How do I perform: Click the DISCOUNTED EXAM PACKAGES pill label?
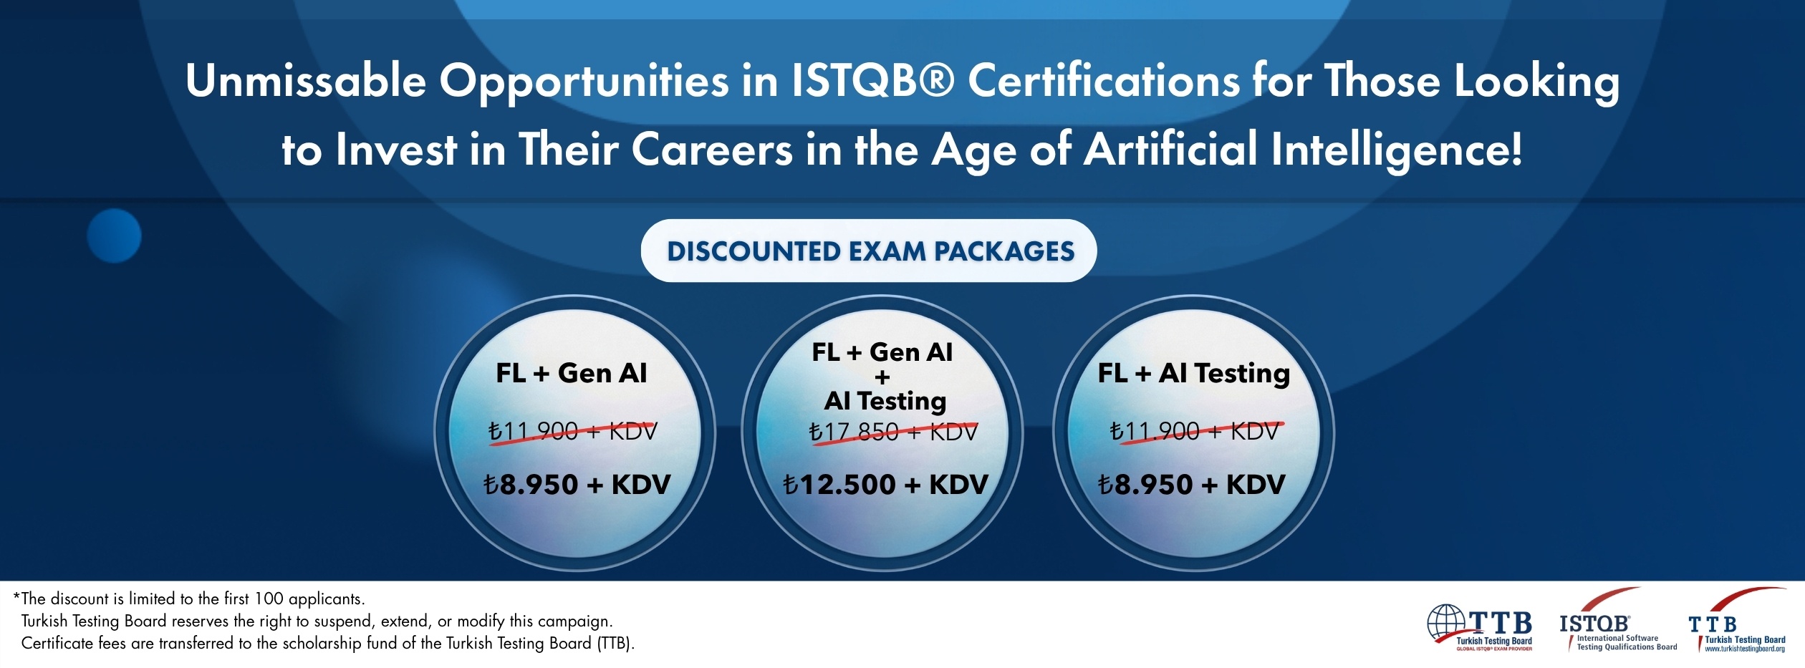pyautogui.click(x=870, y=251)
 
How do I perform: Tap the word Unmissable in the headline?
pyautogui.click(x=306, y=80)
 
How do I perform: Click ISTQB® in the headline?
pyautogui.click(x=873, y=80)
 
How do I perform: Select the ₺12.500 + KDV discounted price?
pyautogui.click(x=885, y=485)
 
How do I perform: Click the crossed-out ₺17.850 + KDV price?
pyautogui.click(x=892, y=432)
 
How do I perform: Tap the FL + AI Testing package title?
pyautogui.click(x=1194, y=374)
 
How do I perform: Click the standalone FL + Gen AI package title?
pyautogui.click(x=572, y=373)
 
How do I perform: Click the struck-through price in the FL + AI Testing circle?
pyautogui.click(x=1194, y=432)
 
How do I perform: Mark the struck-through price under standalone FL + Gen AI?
pyautogui.click(x=572, y=432)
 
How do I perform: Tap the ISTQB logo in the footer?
pyautogui.click(x=1618, y=620)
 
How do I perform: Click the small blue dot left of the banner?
pyautogui.click(x=114, y=236)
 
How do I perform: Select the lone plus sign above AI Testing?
pyautogui.click(x=882, y=377)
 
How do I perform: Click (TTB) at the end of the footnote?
pyautogui.click(x=615, y=643)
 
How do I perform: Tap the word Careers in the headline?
pyautogui.click(x=712, y=150)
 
